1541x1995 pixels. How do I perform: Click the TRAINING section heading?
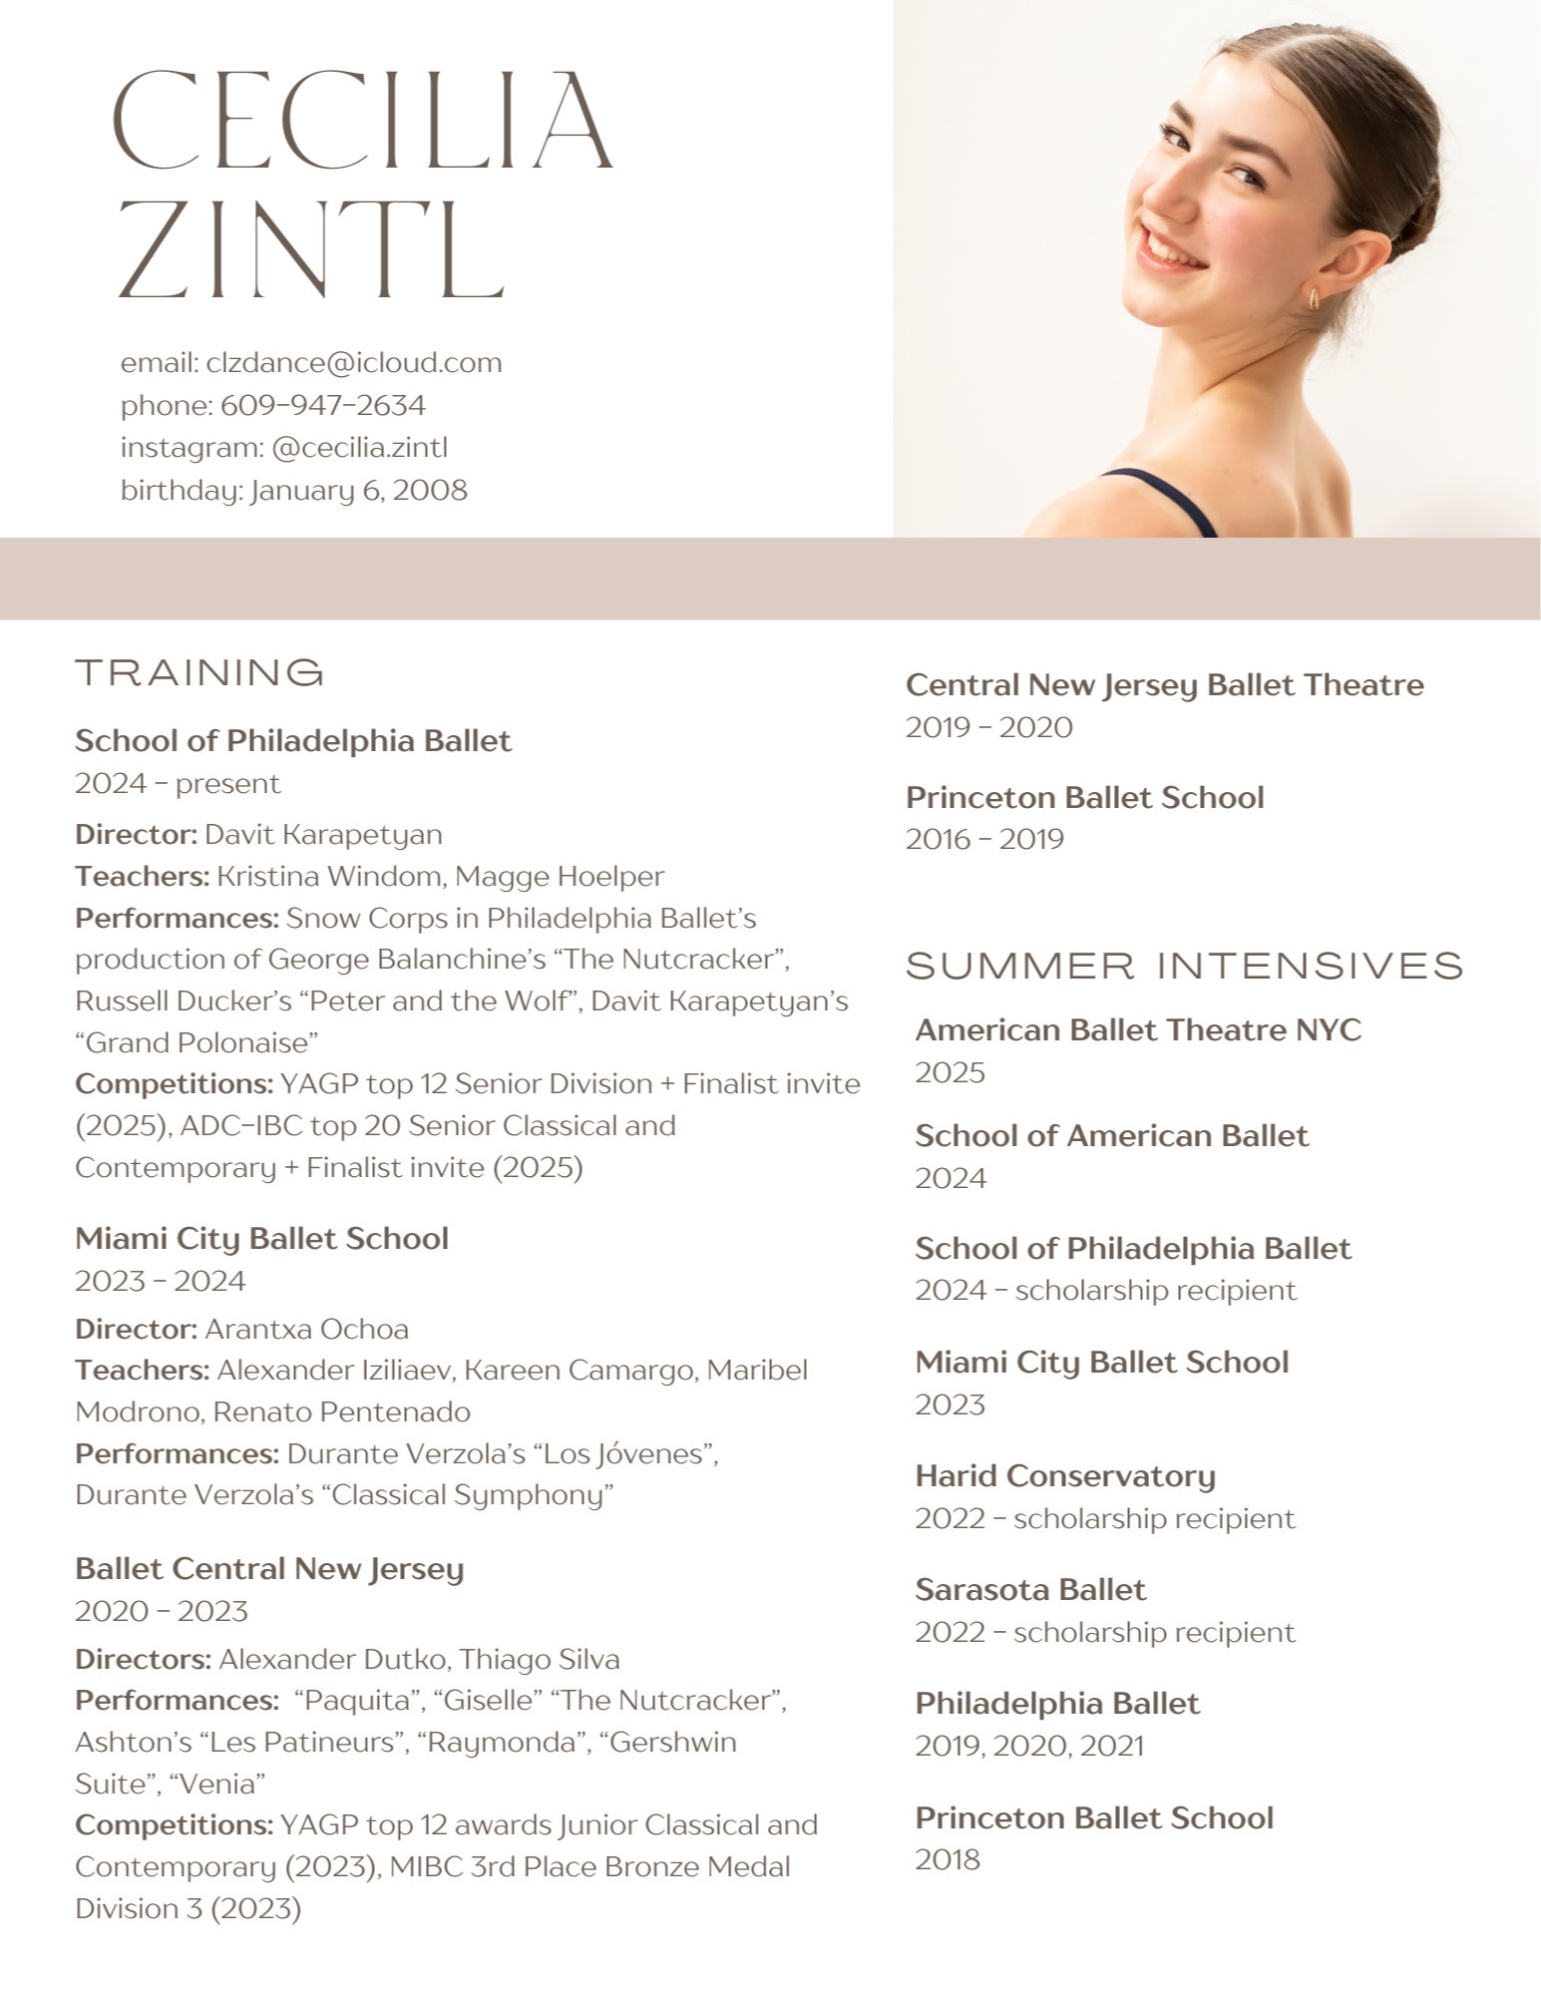(x=199, y=672)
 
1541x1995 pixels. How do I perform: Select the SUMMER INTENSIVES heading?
(x=1184, y=966)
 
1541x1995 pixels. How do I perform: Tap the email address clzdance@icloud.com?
(x=354, y=362)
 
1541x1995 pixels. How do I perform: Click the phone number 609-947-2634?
(x=322, y=405)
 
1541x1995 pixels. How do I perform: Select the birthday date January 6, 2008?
(x=359, y=491)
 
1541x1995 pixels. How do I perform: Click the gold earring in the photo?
(x=1314, y=297)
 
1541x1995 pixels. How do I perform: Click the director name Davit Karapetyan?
(x=323, y=834)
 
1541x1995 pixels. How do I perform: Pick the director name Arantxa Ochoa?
(x=306, y=1329)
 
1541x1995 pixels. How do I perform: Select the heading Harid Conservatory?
(x=1065, y=1475)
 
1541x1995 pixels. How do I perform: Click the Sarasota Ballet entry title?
(x=1030, y=1589)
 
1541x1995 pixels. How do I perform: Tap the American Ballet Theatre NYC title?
(x=1138, y=1029)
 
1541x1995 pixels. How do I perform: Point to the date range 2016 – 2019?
(x=984, y=839)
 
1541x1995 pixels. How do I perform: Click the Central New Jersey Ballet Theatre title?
(x=1164, y=684)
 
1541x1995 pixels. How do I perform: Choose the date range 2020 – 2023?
(x=162, y=1611)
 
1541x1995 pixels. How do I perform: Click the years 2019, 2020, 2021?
(x=1029, y=1746)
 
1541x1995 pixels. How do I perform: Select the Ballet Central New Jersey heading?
(x=269, y=1568)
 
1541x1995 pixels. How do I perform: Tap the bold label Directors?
(x=143, y=1659)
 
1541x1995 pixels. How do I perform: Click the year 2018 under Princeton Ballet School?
(x=948, y=1859)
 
